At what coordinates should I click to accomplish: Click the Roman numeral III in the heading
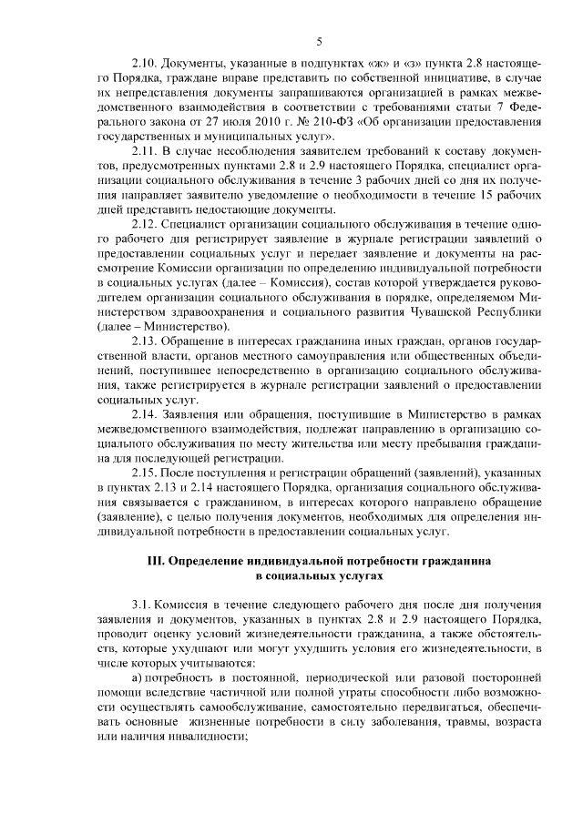tap(157, 561)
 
